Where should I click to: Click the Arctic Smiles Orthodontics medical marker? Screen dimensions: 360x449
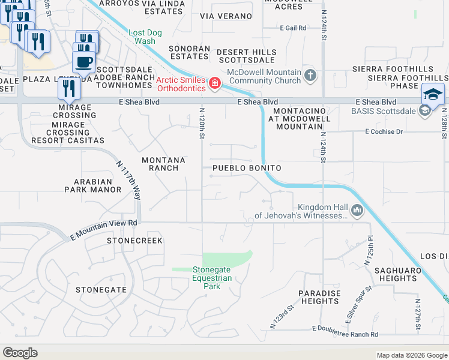point(214,83)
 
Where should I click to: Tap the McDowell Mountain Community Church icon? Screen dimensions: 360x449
point(310,76)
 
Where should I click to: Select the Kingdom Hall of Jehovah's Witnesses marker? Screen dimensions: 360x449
point(358,210)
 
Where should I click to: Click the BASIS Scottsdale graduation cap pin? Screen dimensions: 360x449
point(433,94)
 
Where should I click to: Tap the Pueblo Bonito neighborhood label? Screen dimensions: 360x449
point(247,169)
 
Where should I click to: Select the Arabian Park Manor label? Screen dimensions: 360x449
point(93,185)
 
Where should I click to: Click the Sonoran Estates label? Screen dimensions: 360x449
point(189,52)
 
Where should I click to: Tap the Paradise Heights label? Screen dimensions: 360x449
point(319,297)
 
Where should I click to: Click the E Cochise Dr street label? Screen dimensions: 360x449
point(383,131)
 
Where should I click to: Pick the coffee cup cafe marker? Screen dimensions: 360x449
point(84,61)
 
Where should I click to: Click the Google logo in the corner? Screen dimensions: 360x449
point(20,353)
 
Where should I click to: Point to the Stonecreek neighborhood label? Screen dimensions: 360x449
point(134,241)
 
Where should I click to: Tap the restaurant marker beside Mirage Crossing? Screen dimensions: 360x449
point(70,89)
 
